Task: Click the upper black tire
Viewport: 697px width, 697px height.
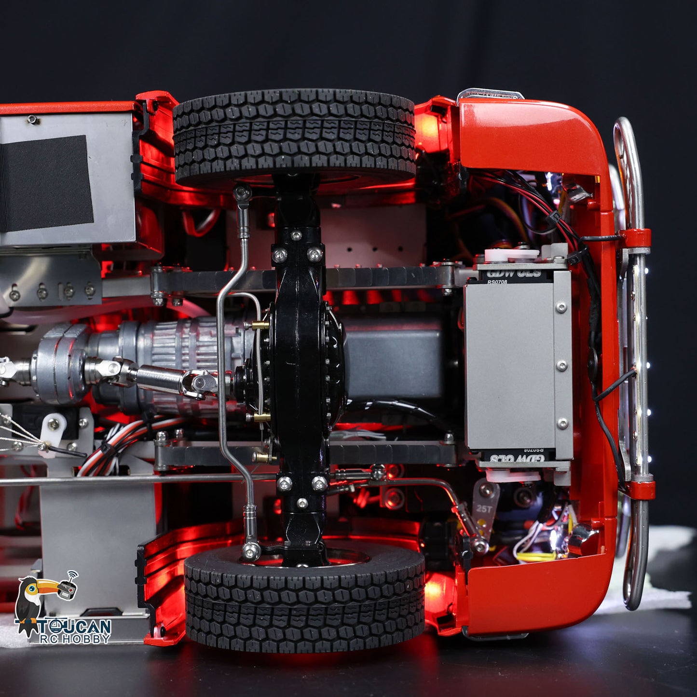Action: click(294, 137)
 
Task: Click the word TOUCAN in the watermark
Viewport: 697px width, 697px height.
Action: click(75, 628)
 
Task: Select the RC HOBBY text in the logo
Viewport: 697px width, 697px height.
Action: click(75, 639)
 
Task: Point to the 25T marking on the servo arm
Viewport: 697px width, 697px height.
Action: click(484, 508)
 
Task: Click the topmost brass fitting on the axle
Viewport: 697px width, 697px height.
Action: click(261, 325)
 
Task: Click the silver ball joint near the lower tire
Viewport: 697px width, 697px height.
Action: click(250, 549)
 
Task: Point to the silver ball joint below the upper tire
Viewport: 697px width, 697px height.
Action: click(243, 192)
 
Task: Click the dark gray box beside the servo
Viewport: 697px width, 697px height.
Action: click(396, 357)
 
